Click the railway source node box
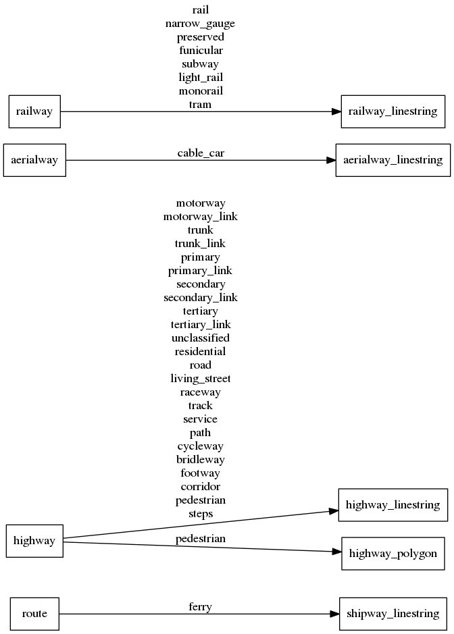(34, 111)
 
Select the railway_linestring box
(393, 111)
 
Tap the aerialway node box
(34, 160)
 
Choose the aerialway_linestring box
(393, 160)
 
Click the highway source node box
(34, 541)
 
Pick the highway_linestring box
(393, 504)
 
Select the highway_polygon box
(393, 554)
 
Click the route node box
(34, 614)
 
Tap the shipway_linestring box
(393, 614)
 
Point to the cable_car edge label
(201, 153)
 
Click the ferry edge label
(201, 607)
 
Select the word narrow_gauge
(201, 24)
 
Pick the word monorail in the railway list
(201, 91)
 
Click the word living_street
(201, 379)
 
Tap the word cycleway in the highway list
(201, 446)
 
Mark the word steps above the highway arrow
(201, 514)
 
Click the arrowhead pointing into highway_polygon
(336, 552)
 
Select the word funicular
(201, 51)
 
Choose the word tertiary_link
(201, 325)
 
